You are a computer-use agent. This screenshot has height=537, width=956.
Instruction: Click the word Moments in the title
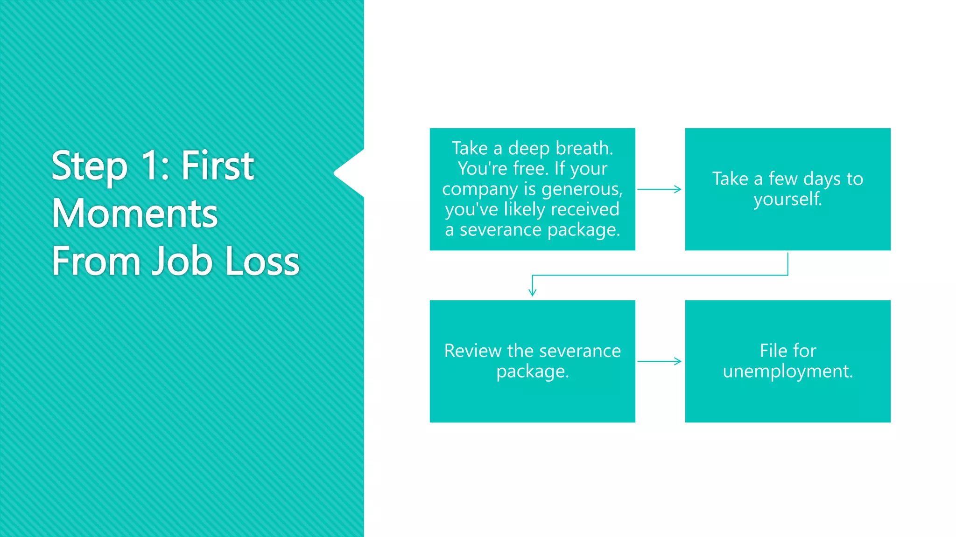pos(134,213)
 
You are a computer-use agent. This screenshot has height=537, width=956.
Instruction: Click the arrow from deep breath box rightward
pos(659,189)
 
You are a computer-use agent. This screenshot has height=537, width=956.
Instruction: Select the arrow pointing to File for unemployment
pos(659,361)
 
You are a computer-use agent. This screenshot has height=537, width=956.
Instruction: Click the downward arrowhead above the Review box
pos(532,292)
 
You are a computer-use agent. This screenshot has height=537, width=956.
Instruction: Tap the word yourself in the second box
pos(787,199)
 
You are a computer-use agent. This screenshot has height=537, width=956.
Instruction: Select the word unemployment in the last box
pos(787,371)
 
